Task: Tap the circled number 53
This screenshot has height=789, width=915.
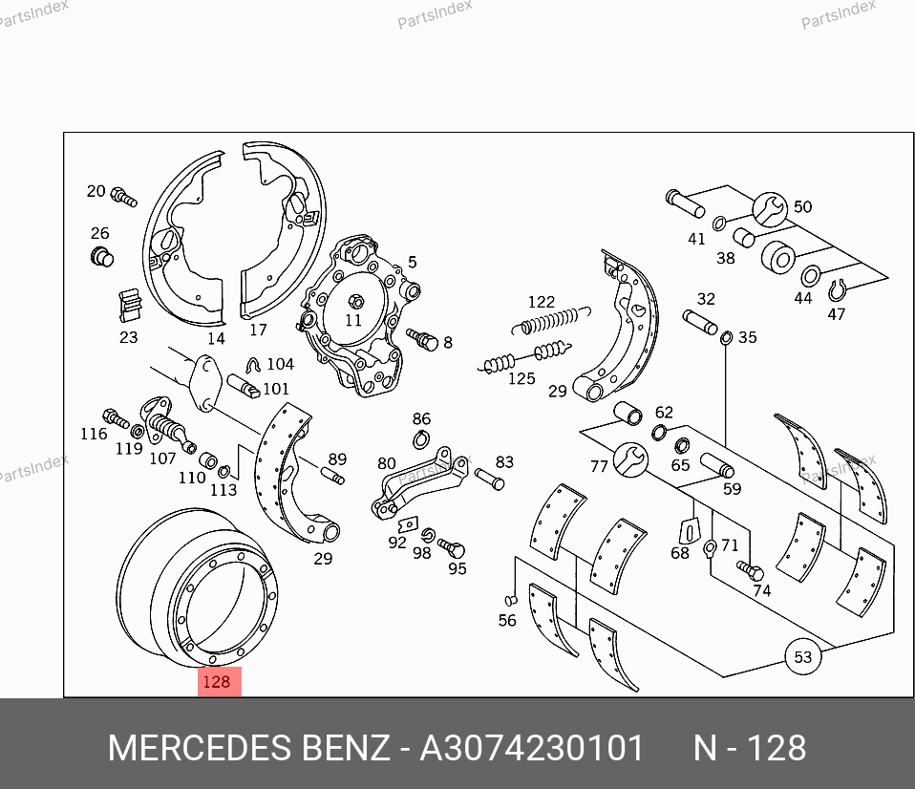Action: click(803, 657)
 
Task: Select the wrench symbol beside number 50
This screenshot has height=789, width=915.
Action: click(770, 209)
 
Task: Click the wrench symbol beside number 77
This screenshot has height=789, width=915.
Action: click(630, 459)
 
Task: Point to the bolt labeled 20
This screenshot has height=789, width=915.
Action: click(124, 196)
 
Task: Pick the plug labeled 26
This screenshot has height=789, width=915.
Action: click(102, 257)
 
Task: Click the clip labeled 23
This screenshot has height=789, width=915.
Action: click(130, 306)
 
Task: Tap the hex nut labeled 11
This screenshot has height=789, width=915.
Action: click(355, 302)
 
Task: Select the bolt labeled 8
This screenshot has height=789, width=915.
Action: click(422, 339)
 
